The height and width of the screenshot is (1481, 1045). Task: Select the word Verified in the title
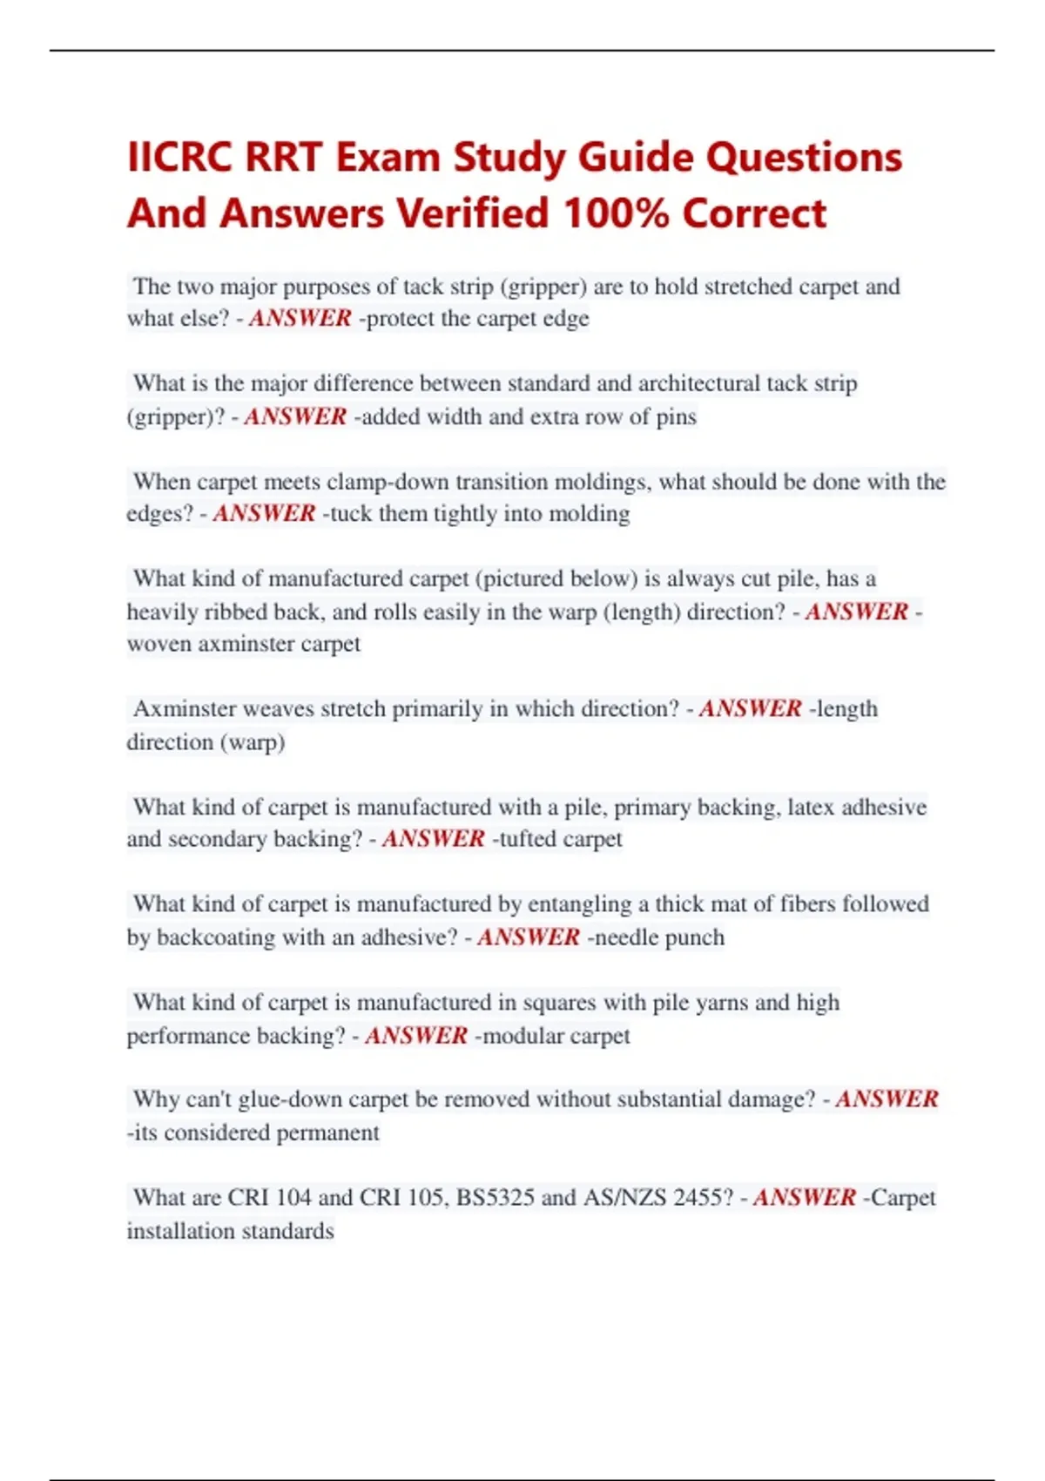tap(473, 213)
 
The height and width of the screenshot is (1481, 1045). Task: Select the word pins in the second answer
tap(676, 416)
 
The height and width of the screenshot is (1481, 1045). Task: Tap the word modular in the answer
tap(522, 1036)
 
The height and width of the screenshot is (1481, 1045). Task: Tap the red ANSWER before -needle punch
tap(528, 937)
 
